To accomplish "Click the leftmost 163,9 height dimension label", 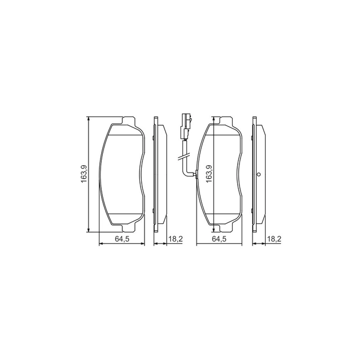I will point(83,174).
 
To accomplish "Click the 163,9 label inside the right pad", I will point(209,174).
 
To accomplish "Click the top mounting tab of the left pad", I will point(129,121).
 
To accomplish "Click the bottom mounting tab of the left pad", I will point(129,228).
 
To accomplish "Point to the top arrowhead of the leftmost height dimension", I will point(88,118).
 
